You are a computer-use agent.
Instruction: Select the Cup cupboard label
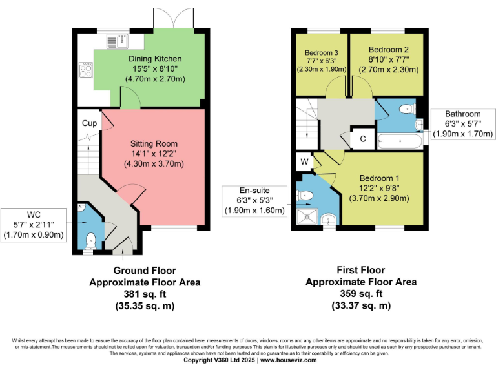coord(89,123)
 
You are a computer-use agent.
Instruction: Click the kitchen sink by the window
coord(116,40)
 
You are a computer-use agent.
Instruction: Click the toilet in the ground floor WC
coord(90,240)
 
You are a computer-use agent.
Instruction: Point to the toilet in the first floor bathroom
coord(407,108)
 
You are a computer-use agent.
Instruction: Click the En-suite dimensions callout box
coord(254,200)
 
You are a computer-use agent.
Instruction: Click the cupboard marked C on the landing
coord(362,138)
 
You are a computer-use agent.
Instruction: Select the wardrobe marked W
coord(304,161)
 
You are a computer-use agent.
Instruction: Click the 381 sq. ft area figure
coord(144,294)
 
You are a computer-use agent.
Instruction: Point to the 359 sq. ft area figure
coord(360,294)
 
